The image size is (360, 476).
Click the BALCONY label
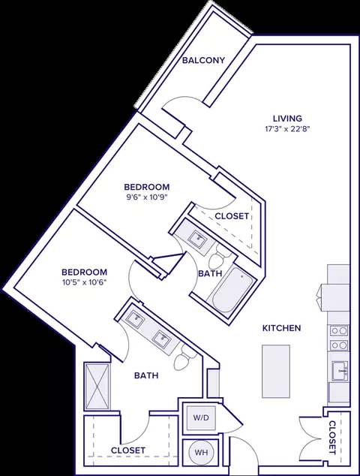(x=203, y=60)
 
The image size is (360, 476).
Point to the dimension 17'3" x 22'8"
(x=287, y=129)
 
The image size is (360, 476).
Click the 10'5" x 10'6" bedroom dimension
(x=85, y=282)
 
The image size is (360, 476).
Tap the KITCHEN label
(x=281, y=328)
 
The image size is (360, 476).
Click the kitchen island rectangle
(x=276, y=371)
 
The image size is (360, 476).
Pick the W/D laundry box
(x=202, y=417)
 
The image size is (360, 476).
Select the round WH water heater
(x=201, y=452)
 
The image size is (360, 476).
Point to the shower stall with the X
(x=97, y=386)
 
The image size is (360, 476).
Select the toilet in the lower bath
(x=184, y=357)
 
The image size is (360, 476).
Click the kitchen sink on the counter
(x=340, y=371)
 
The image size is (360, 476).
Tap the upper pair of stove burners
(x=339, y=330)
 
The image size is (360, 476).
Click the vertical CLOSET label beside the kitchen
(x=333, y=437)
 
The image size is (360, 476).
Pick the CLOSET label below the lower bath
(x=128, y=450)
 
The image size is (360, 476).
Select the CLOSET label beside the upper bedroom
(x=232, y=216)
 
